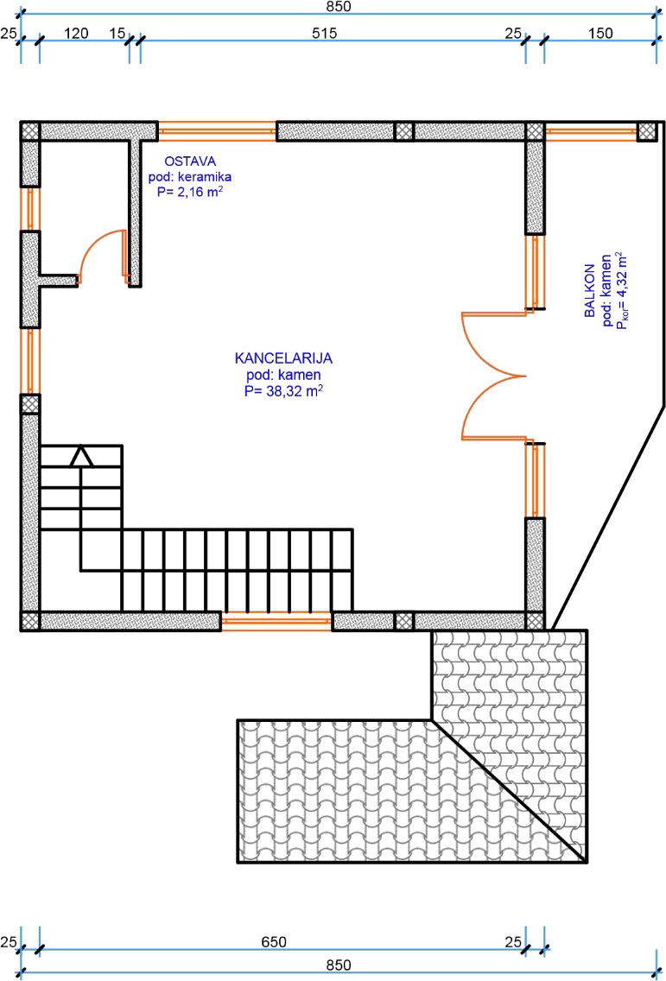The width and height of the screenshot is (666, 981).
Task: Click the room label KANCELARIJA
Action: pos(283,358)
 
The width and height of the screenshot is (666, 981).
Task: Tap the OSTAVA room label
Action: pos(190,161)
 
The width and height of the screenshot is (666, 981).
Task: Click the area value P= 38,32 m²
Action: pos(283,391)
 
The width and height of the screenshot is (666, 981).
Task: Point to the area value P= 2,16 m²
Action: pos(191,193)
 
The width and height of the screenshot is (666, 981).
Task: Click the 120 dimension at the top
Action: pos(77,33)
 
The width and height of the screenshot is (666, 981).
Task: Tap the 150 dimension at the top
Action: pos(598,33)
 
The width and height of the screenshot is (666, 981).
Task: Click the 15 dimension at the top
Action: pos(117,33)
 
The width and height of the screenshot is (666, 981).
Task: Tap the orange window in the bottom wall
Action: pos(276,621)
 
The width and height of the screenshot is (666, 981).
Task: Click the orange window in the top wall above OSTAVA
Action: pos(217,131)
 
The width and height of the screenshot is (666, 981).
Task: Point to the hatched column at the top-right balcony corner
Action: pos(646,131)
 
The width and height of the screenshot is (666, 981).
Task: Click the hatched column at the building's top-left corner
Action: pos(30,131)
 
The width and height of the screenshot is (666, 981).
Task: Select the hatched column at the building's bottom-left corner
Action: pos(30,621)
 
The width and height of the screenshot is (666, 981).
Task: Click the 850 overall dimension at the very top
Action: pos(337,6)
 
